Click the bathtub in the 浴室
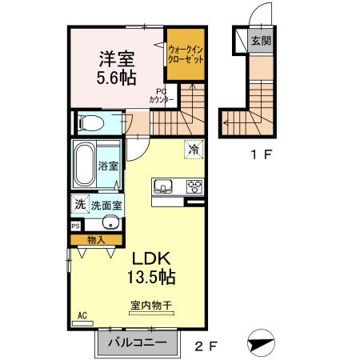point(86,166)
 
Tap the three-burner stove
point(194,187)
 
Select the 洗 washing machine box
point(79,205)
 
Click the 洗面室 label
point(106,206)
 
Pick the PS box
point(76,226)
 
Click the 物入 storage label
point(96,238)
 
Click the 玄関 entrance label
point(259,40)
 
